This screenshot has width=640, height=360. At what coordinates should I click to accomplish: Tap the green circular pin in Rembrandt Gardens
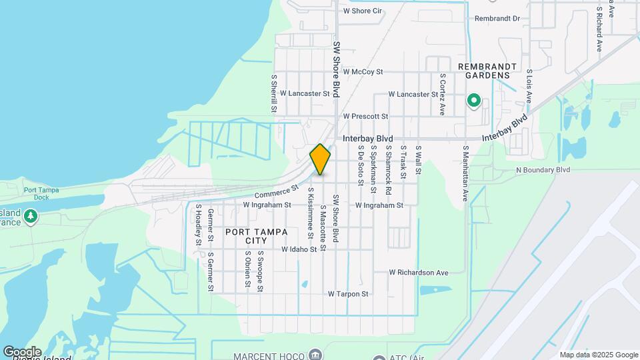(474, 101)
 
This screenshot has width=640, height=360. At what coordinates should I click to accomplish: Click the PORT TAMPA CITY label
(257, 236)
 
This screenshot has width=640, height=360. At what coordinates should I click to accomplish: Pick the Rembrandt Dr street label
(497, 19)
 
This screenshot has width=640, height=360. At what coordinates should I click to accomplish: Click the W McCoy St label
(364, 71)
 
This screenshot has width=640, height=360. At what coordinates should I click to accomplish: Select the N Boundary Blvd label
(543, 170)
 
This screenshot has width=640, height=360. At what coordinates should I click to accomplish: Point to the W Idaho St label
(299, 249)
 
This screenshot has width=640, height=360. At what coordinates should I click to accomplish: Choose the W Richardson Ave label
(419, 272)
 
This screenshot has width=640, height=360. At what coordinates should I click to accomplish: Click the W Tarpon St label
(348, 294)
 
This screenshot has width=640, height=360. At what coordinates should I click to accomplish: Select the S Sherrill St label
(273, 93)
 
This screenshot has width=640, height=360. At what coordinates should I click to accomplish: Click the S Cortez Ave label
(442, 94)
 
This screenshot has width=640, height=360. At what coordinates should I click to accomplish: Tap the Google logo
(21, 351)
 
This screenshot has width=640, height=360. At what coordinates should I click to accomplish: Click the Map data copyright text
(598, 355)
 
